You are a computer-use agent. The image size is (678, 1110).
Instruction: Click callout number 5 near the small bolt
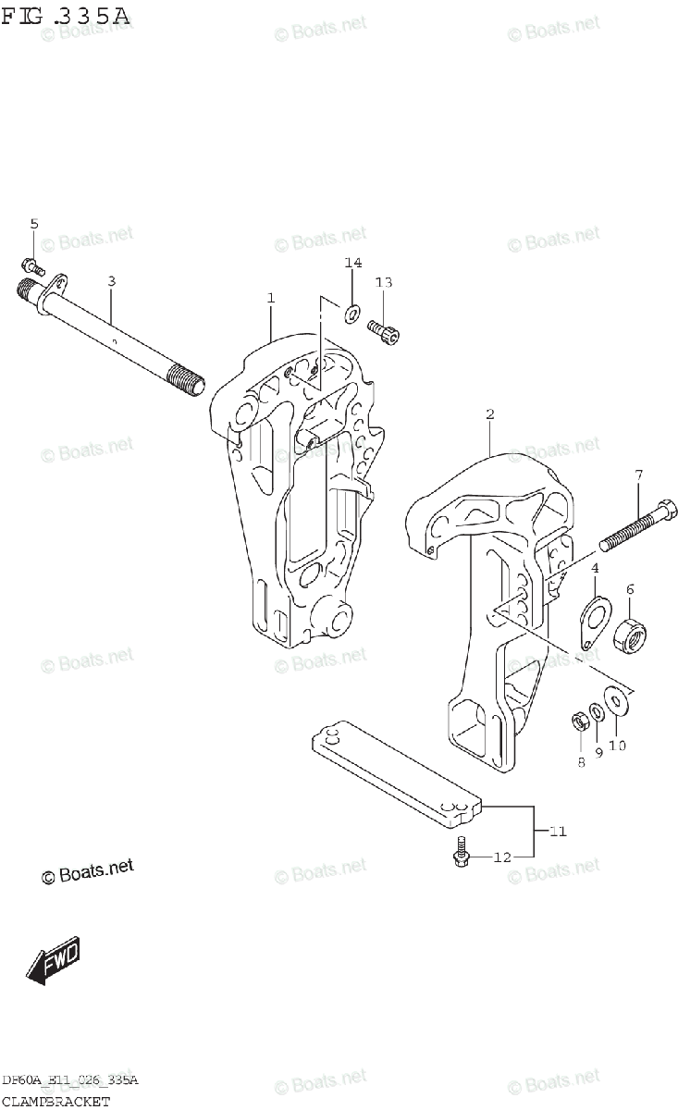(34, 224)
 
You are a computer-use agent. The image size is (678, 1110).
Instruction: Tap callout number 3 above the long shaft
(111, 280)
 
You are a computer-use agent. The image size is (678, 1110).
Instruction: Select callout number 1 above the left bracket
(271, 298)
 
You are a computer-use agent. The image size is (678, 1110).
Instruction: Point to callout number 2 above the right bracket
(490, 414)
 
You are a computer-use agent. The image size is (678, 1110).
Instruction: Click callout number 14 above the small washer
(352, 264)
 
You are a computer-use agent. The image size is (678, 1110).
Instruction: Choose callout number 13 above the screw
(384, 282)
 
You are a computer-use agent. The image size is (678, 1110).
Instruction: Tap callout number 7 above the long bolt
(637, 476)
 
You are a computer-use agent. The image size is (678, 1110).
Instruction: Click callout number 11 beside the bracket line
(557, 832)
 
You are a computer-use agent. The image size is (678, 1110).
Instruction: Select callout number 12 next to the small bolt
(500, 857)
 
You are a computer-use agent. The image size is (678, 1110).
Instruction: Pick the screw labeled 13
(383, 330)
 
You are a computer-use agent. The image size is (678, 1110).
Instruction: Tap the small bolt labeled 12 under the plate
(460, 856)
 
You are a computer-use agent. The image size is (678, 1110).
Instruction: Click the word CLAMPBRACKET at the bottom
(55, 1101)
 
